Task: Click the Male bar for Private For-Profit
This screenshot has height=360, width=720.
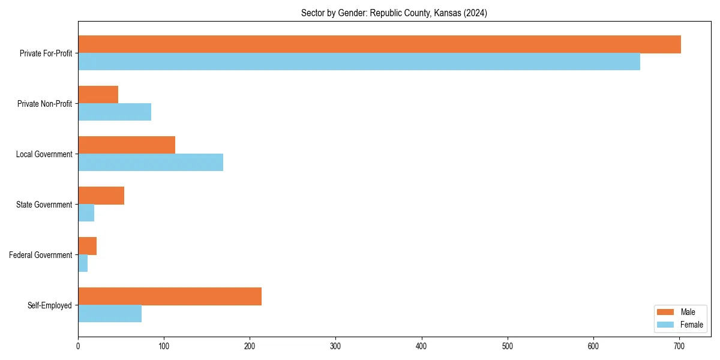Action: pyautogui.click(x=379, y=44)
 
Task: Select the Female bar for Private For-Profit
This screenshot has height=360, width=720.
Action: pyautogui.click(x=359, y=62)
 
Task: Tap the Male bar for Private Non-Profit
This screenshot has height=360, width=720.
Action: pyautogui.click(x=98, y=95)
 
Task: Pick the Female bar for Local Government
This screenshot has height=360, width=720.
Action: pyautogui.click(x=151, y=163)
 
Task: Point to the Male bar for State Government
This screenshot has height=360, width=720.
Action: pyautogui.click(x=101, y=196)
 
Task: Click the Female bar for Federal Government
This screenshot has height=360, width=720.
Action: pyautogui.click(x=83, y=263)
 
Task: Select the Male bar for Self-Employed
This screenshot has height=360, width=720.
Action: pyautogui.click(x=170, y=296)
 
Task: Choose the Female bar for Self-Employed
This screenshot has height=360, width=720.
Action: pyautogui.click(x=110, y=314)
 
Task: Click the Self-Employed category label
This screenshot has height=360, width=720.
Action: pyautogui.click(x=50, y=305)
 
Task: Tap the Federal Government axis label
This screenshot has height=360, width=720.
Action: pyautogui.click(x=41, y=255)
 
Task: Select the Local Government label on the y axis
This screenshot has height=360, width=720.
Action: pyautogui.click(x=44, y=154)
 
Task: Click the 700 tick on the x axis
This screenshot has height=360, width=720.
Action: pyautogui.click(x=679, y=346)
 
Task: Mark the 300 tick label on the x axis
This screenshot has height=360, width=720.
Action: pyautogui.click(x=335, y=346)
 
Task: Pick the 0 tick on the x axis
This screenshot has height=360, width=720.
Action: pyautogui.click(x=78, y=346)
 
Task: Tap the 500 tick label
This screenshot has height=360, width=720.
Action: pyautogui.click(x=508, y=346)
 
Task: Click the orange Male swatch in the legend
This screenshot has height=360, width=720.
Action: pyautogui.click(x=665, y=312)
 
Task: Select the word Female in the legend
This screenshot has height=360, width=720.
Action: pyautogui.click(x=691, y=325)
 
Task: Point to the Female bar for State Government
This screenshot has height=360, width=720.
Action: pyautogui.click(x=86, y=213)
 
